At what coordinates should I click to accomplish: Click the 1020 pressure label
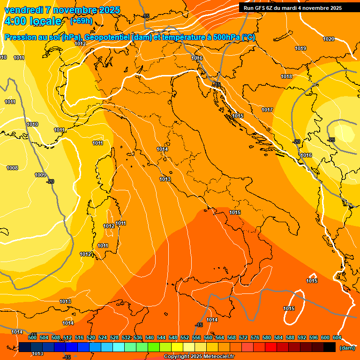[329, 39]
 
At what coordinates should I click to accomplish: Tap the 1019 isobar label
[300, 48]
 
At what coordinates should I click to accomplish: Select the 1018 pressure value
[286, 76]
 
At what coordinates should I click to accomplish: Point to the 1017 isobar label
[267, 110]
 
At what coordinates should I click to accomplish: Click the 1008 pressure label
[12, 168]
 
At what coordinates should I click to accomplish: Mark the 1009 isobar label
[40, 175]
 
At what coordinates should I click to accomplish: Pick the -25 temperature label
[331, 140]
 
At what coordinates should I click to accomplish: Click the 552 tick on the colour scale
[185, 337]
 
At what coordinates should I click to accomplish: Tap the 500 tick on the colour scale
[32, 337]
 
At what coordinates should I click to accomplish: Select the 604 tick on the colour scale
[337, 337]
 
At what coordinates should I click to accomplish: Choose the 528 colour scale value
[114, 337]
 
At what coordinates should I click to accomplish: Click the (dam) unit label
[347, 347]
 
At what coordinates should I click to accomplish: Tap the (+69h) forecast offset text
[81, 21]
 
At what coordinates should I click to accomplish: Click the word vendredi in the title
[24, 10]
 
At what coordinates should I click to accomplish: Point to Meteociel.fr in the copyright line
[216, 357]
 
